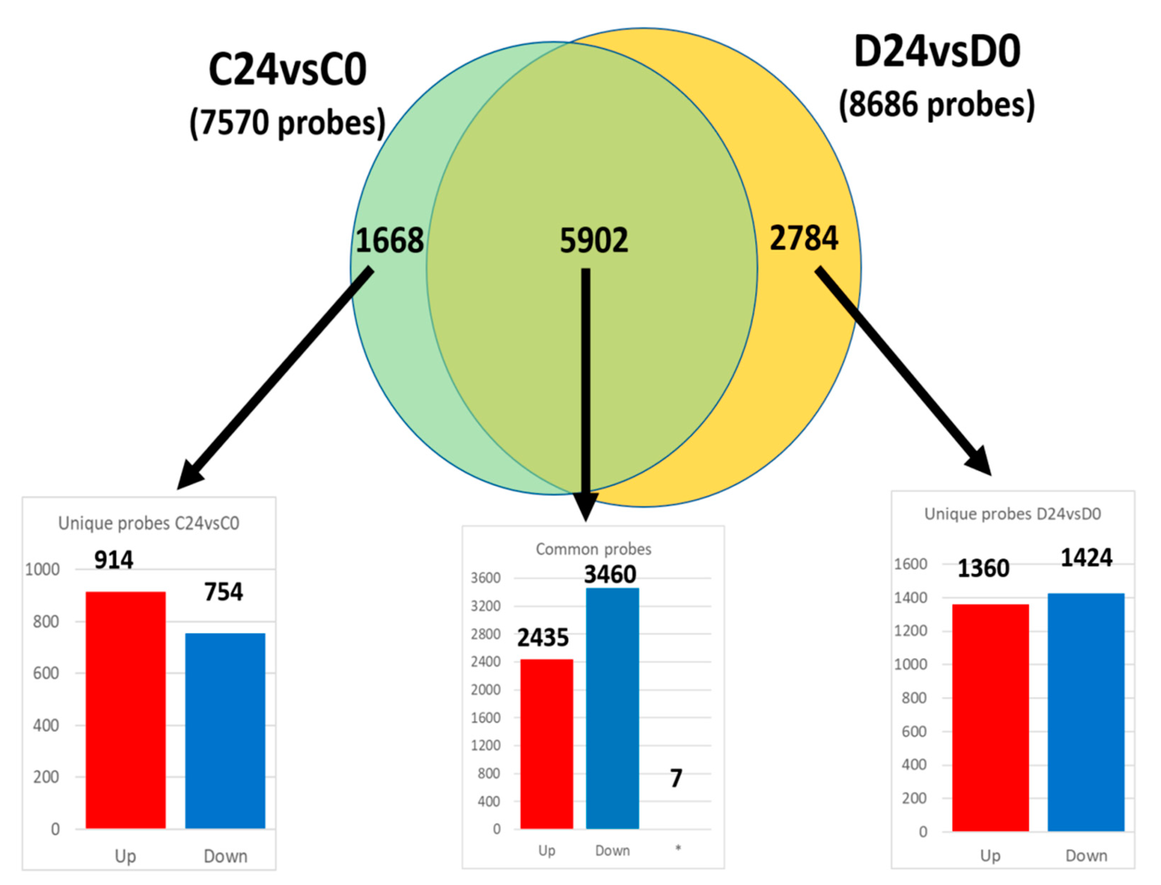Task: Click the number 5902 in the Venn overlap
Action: (x=594, y=241)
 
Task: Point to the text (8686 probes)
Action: (x=937, y=104)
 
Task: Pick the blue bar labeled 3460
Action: (x=612, y=709)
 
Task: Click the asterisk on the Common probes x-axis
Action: (x=678, y=848)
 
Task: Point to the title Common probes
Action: (x=593, y=550)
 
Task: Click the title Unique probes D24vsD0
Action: (x=1012, y=514)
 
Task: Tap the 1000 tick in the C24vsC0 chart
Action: (x=43, y=570)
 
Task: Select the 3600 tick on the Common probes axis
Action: (x=485, y=578)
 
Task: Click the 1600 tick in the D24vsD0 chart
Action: (x=910, y=564)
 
